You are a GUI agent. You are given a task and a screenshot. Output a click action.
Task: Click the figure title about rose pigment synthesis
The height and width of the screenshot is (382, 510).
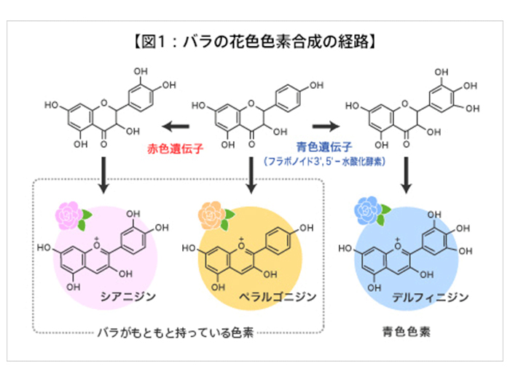[254, 41]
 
